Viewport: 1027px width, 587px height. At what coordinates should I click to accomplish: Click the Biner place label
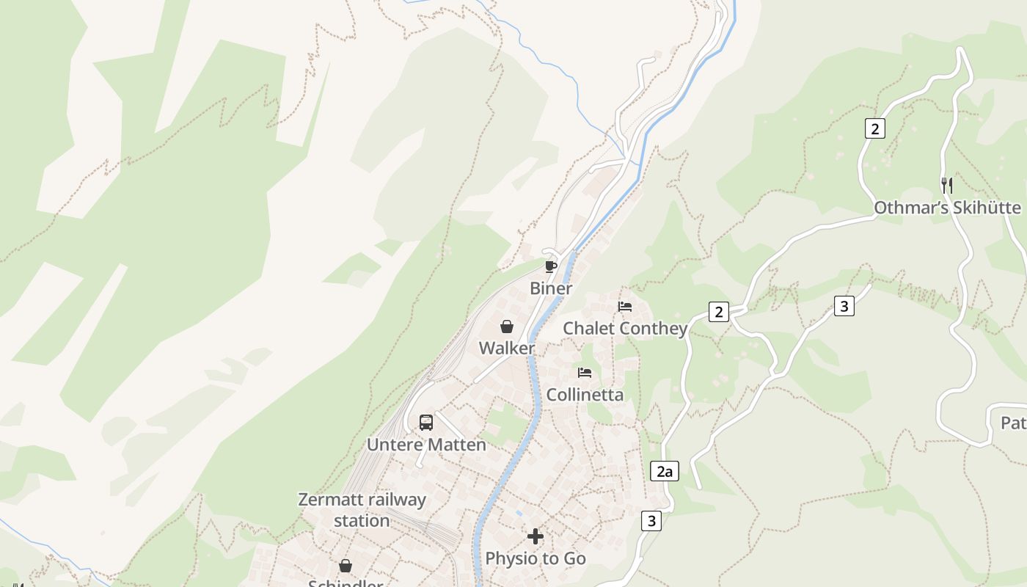click(x=551, y=288)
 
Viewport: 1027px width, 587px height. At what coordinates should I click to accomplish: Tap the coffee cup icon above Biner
click(x=551, y=266)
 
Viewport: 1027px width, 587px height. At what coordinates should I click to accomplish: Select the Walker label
click(x=507, y=348)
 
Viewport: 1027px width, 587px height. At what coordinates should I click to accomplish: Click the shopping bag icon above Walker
click(x=507, y=327)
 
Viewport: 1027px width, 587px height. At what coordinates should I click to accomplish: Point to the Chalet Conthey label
click(x=625, y=328)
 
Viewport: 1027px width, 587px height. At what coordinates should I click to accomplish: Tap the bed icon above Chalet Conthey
click(x=625, y=306)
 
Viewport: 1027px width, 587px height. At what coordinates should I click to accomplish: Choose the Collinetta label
click(x=585, y=395)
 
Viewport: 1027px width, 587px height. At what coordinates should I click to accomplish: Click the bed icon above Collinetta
click(x=585, y=373)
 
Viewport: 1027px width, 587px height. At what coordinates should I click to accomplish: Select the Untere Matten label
click(x=426, y=445)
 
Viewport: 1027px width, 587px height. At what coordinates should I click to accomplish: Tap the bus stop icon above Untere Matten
click(x=426, y=423)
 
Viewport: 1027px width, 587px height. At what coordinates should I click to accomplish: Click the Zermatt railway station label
click(x=362, y=510)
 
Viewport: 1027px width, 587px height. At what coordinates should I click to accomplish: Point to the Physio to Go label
click(x=536, y=558)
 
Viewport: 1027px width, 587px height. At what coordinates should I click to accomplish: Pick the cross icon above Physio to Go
click(x=536, y=536)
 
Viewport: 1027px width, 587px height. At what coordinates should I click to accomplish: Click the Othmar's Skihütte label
click(x=947, y=208)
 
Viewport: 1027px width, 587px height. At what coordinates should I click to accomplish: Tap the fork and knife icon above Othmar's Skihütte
click(x=947, y=186)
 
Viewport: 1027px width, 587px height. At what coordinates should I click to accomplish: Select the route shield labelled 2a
click(x=665, y=471)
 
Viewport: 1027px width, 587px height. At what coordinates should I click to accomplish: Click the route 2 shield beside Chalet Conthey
click(x=719, y=312)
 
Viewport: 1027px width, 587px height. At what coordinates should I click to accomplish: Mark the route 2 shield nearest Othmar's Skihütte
click(x=874, y=128)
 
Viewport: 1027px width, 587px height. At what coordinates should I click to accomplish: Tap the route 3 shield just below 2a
click(x=651, y=521)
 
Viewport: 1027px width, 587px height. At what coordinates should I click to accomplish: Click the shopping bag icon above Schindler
click(x=346, y=566)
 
